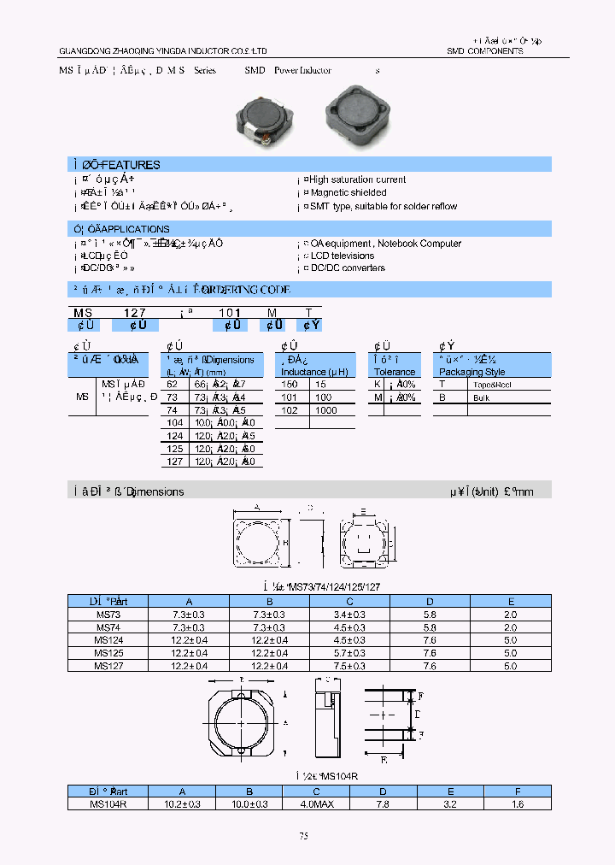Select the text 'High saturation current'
coord(357,179)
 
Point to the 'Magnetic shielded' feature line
coord(348,193)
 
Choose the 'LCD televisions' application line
coord(342,256)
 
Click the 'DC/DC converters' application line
coord(347,268)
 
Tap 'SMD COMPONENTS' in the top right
coord(484,51)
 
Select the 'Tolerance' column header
coord(395,372)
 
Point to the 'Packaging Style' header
coord(471,372)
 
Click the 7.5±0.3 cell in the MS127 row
coord(349,665)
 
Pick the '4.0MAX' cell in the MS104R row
coord(349,803)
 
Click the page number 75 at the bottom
coord(303,837)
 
